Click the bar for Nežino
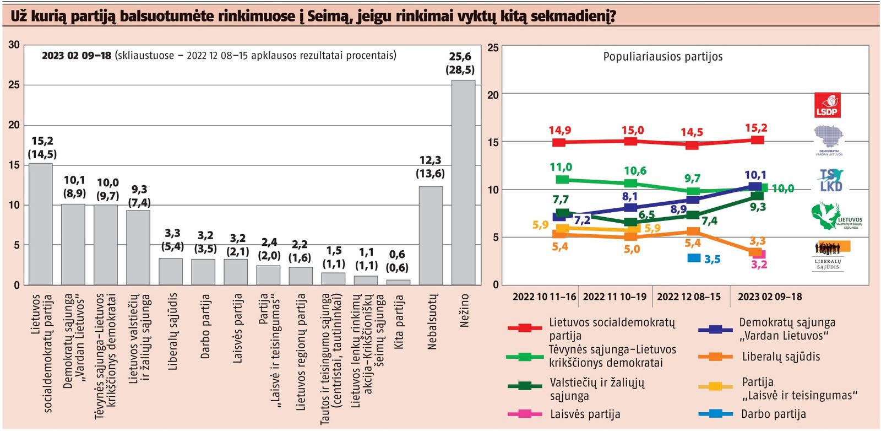(463, 182)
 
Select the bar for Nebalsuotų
(431, 235)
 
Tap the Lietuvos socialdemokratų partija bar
(41, 224)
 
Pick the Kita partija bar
(398, 282)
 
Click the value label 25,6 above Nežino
(460, 57)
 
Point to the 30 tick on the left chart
(14, 45)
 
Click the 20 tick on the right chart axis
(493, 95)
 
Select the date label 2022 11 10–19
(614, 297)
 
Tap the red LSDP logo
(827, 105)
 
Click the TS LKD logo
(830, 180)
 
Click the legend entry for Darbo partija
(773, 414)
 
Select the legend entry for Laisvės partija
(585, 414)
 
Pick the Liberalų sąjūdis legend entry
(781, 357)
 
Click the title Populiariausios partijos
(662, 57)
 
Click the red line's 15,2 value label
(755, 128)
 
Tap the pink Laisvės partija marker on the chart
(759, 254)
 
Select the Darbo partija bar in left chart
(203, 272)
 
